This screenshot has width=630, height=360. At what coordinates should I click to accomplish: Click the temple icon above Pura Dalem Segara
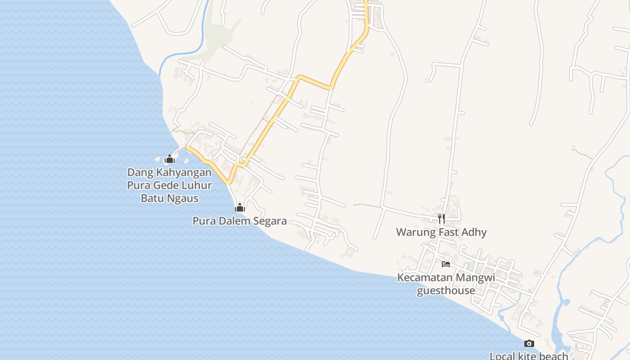[240, 207]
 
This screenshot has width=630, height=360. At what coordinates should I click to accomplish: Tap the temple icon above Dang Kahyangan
[170, 159]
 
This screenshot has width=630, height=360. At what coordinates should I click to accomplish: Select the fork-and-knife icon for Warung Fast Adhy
[441, 219]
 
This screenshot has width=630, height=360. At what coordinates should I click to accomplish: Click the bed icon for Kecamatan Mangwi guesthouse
[446, 264]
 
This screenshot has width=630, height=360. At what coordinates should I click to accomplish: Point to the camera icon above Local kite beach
[529, 344]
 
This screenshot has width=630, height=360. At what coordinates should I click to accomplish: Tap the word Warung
[414, 232]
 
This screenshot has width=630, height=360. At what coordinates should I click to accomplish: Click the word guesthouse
[446, 290]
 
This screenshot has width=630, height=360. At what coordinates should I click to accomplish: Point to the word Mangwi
[476, 277]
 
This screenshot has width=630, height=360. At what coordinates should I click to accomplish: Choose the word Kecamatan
[425, 277]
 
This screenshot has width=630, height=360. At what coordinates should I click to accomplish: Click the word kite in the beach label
[525, 356]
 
